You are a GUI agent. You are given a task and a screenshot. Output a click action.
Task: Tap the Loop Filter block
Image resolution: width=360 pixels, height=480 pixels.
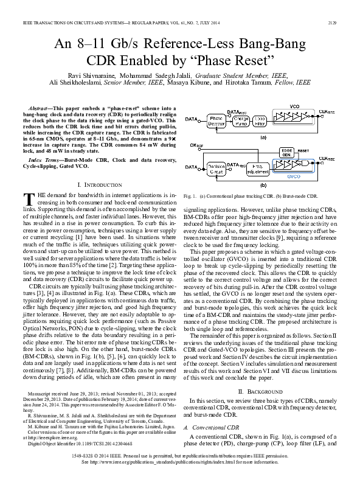[260, 119]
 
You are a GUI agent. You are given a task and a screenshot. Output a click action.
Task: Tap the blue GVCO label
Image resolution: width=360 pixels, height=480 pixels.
[294, 176]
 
